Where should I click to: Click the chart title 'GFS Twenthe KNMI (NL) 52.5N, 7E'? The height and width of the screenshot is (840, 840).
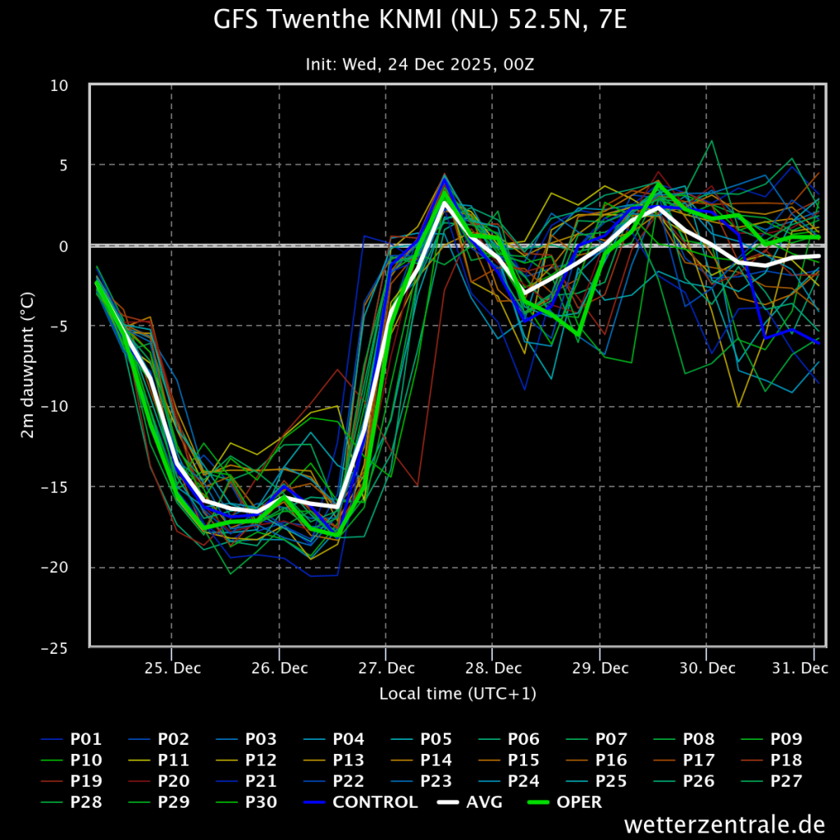(420, 21)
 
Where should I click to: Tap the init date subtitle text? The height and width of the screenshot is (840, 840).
(420, 65)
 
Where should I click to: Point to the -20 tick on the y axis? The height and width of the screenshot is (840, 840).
(55, 568)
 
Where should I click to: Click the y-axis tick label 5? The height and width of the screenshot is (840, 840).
(64, 165)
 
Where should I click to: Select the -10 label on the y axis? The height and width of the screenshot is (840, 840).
(55, 407)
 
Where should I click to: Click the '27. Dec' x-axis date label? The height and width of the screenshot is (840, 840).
(386, 668)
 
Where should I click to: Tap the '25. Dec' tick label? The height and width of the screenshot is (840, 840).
(172, 668)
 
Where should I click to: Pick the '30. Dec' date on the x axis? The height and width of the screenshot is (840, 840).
(707, 668)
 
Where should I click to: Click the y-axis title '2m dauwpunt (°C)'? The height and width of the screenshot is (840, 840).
(27, 365)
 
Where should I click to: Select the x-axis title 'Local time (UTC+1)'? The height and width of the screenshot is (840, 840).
(458, 694)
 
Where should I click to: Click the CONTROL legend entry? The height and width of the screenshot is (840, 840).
(360, 802)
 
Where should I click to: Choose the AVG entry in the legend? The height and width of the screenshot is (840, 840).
(470, 802)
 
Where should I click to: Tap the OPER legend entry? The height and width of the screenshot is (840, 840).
(564, 802)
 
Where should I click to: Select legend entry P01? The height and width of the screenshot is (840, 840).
(71, 739)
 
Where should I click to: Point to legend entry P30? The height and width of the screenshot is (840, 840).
(246, 802)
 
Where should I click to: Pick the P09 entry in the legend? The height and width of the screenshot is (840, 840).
(771, 739)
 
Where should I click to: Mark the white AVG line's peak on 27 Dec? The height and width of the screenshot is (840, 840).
(444, 203)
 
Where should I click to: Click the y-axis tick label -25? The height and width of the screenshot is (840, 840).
(55, 648)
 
